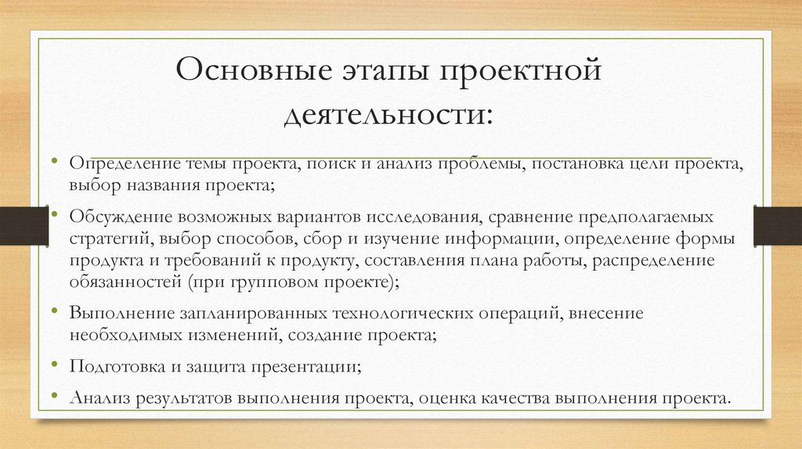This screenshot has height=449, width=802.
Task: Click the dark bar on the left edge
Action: coord(15,225)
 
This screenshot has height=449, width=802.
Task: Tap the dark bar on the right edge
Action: coord(777,225)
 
